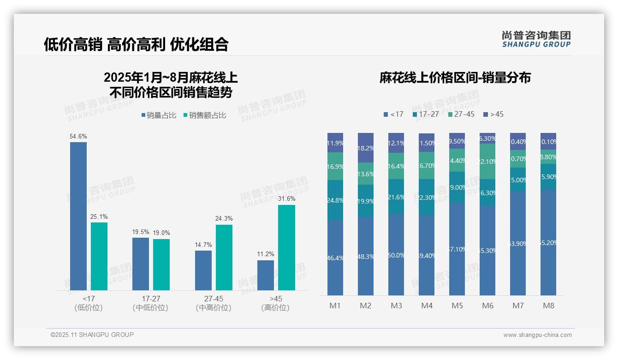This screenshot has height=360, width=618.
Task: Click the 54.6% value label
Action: [78, 137]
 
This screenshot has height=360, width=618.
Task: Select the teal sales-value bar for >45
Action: [286, 247]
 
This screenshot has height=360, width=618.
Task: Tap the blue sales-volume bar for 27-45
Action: [203, 270]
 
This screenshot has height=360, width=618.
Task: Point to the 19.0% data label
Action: [161, 233]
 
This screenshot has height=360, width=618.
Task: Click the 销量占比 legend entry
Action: [159, 115]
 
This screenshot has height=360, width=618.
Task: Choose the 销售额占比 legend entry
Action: [205, 115]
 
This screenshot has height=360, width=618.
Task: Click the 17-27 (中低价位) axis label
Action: [151, 303]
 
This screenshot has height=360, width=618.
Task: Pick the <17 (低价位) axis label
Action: [89, 303]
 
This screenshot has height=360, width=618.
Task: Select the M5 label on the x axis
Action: [457, 306]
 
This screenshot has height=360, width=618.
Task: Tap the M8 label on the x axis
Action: [548, 306]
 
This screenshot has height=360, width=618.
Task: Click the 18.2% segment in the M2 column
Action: [366, 148]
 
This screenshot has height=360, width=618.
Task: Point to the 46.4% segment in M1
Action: [335, 258]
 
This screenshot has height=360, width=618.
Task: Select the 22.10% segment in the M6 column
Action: [487, 162]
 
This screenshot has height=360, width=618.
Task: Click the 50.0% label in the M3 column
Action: [396, 255]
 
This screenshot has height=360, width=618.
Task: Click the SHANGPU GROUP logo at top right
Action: [536, 39]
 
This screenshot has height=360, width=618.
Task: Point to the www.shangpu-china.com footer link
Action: [537, 335]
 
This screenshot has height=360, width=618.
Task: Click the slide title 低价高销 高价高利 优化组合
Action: [136, 44]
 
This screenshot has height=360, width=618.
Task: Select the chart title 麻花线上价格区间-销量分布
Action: [455, 78]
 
